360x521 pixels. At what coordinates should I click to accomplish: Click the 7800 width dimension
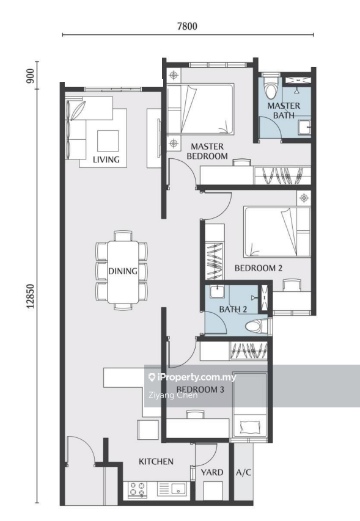pyautogui.click(x=187, y=26)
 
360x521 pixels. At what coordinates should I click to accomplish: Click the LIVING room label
pyautogui.click(x=106, y=159)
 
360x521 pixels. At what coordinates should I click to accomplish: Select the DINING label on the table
pyautogui.click(x=123, y=271)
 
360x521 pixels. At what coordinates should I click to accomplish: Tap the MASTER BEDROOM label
pyautogui.click(x=207, y=151)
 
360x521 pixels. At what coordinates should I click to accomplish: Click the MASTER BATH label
pyautogui.click(x=284, y=111)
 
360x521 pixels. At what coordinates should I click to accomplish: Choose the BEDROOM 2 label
pyautogui.click(x=259, y=268)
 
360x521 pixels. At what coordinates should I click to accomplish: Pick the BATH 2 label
pyautogui.click(x=233, y=309)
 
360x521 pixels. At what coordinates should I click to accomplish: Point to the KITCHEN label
pyautogui.click(x=156, y=462)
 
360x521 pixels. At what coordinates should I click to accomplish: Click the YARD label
pyautogui.click(x=211, y=472)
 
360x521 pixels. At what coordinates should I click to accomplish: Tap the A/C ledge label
pyautogui.click(x=243, y=472)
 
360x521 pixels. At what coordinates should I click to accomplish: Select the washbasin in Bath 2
pyautogui.click(x=216, y=291)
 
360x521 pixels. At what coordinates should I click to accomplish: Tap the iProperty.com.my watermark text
pyautogui.click(x=192, y=377)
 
